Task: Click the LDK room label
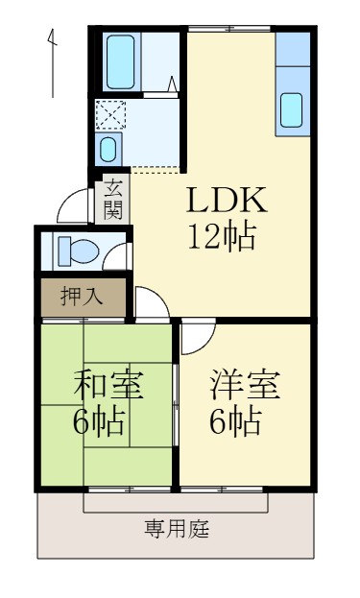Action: click(227, 201)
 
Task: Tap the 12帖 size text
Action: click(223, 235)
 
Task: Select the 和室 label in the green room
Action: click(108, 384)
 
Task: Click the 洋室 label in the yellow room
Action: click(246, 384)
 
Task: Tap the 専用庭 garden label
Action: click(178, 527)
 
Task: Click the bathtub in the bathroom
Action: click(121, 61)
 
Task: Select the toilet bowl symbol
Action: click(77, 251)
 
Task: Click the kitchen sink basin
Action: click(293, 111)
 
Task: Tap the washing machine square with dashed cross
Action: click(108, 116)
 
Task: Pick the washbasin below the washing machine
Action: click(108, 150)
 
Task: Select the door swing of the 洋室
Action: click(198, 337)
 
